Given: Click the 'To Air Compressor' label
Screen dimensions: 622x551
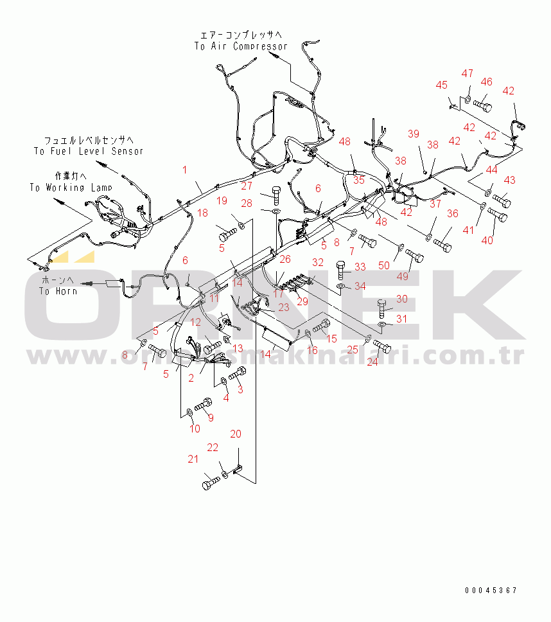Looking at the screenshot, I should click(x=241, y=46).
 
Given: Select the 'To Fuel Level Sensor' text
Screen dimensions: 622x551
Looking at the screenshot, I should click(x=89, y=151).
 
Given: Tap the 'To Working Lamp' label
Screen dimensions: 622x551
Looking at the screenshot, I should click(x=71, y=187).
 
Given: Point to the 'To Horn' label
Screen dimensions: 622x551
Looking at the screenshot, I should click(x=58, y=291).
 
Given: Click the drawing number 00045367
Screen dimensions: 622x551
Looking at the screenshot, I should click(x=491, y=590).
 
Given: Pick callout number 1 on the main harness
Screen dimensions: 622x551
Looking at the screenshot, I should click(x=184, y=170).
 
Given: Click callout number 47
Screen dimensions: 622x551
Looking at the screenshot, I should click(x=467, y=74).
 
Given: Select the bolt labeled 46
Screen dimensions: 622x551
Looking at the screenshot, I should click(x=483, y=103).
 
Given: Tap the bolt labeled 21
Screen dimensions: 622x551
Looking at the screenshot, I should click(x=211, y=483).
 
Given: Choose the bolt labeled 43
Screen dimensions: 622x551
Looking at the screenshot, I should click(x=502, y=200).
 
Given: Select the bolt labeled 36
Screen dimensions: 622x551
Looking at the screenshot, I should click(x=442, y=244).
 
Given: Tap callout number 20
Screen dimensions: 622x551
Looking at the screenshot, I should click(x=236, y=434).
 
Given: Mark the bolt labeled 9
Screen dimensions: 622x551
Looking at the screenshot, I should click(x=204, y=405).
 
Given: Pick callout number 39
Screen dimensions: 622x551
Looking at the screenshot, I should click(x=414, y=134).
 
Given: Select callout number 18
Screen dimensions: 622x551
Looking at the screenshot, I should click(x=202, y=213).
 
